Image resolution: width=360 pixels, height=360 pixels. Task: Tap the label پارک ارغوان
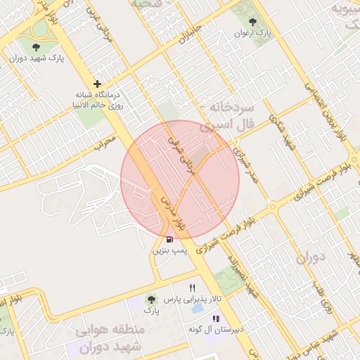[254, 32]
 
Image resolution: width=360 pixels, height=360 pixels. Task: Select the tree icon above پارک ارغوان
[253, 22]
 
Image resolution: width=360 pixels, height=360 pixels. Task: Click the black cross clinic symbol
[97, 84]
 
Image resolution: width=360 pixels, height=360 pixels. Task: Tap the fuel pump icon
[169, 239]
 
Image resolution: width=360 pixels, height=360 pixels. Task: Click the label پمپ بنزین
[169, 250]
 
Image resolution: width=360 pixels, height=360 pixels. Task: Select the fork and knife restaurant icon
[191, 288]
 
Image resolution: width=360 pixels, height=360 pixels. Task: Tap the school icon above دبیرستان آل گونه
[215, 319]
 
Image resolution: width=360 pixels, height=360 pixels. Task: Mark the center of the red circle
[180, 179]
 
